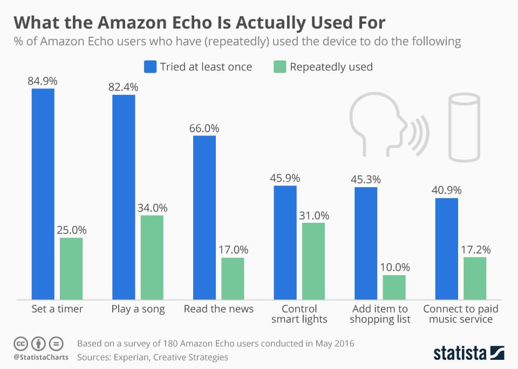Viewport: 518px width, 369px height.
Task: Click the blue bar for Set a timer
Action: point(43,194)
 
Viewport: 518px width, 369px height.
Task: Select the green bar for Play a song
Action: point(152,257)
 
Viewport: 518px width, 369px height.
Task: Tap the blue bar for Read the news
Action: point(205,217)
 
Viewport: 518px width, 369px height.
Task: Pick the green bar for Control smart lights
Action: point(313,261)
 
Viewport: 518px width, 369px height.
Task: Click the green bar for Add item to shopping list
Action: point(394,287)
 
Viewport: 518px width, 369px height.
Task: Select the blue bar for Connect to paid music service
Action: point(446,249)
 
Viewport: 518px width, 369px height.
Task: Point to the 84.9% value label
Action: point(43,81)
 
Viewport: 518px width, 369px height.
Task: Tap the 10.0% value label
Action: point(394,268)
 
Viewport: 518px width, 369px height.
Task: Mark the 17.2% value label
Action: point(475,250)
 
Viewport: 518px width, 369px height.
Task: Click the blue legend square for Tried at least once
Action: point(149,67)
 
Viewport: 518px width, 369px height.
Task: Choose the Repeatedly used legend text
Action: point(331,67)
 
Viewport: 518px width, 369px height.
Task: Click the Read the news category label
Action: point(219,309)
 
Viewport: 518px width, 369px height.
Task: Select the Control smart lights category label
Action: point(299,314)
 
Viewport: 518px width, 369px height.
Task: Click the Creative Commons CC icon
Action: point(21,343)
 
